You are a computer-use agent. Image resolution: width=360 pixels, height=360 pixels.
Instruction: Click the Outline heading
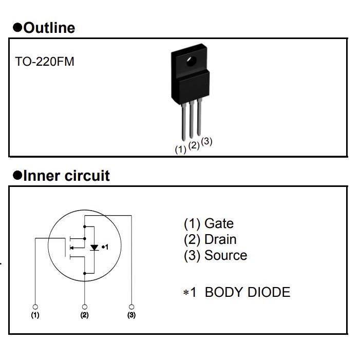point(49,28)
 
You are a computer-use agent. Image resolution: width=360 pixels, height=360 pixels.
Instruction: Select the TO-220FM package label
point(45,62)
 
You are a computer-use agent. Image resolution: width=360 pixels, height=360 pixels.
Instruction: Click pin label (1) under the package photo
point(180,149)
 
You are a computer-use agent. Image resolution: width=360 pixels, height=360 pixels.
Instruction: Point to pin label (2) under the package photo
point(194,145)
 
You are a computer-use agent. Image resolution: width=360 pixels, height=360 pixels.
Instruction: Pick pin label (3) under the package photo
point(206,141)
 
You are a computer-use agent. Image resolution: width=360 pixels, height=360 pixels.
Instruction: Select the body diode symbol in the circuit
point(94,248)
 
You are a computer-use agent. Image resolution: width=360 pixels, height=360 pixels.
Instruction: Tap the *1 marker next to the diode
point(105,247)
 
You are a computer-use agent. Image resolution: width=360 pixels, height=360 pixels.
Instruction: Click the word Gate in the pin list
point(219,223)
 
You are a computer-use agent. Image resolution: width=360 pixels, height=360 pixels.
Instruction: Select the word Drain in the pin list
point(220,239)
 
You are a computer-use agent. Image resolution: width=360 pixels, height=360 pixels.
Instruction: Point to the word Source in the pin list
point(225,255)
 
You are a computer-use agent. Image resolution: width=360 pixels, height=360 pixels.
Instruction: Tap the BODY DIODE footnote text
point(247,292)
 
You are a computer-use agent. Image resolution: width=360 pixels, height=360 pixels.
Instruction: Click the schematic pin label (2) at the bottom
point(84,315)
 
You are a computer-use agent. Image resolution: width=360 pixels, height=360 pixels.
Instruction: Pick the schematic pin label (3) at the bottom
point(131,315)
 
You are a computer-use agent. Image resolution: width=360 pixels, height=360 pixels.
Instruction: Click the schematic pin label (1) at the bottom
point(35,315)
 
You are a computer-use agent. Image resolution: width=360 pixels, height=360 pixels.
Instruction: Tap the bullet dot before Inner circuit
point(17,176)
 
